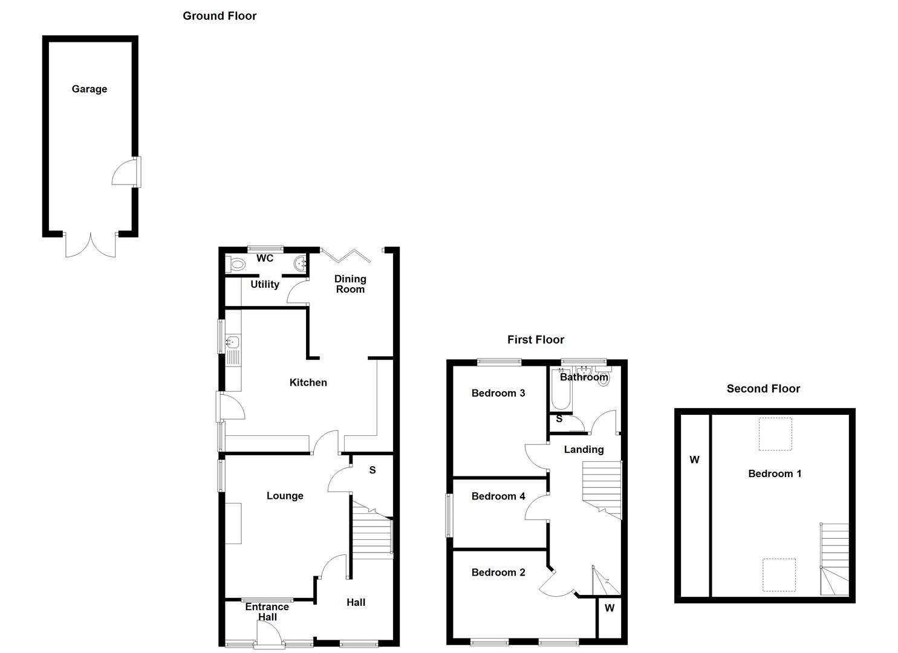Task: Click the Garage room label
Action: click(89, 89)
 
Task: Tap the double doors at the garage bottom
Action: click(91, 245)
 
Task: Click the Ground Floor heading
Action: click(220, 16)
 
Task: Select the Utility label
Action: click(265, 284)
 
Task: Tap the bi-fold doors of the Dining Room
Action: click(345, 256)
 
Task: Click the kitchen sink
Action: click(233, 343)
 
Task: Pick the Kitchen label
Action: click(308, 382)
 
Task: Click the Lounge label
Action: click(285, 496)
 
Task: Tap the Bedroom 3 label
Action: click(498, 393)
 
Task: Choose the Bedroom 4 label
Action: click(498, 496)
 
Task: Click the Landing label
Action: click(584, 449)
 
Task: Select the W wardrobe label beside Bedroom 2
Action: click(610, 608)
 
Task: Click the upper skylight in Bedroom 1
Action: click(775, 434)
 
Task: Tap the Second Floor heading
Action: click(763, 389)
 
